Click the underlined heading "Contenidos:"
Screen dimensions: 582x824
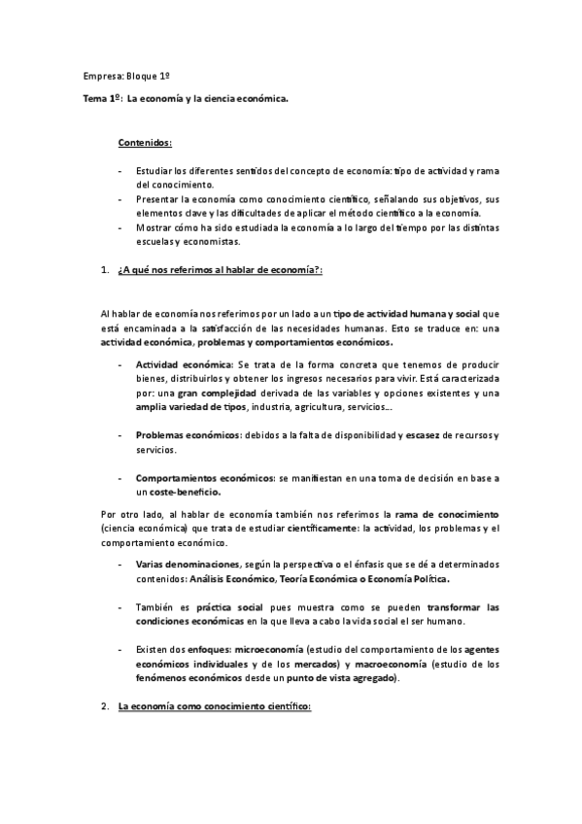(x=145, y=142)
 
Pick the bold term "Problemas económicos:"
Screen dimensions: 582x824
(x=188, y=433)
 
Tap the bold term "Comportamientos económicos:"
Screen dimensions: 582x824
(x=205, y=478)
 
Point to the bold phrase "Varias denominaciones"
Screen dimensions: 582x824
(x=187, y=564)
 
